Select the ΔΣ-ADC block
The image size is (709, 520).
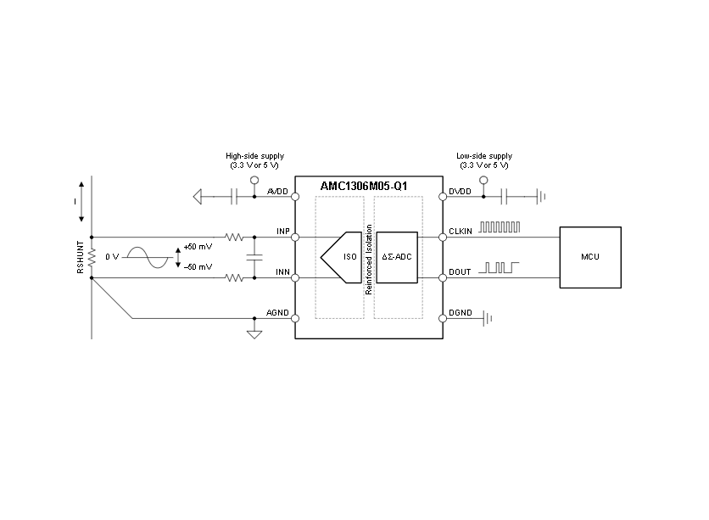point(397,257)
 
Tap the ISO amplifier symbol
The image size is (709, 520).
point(342,257)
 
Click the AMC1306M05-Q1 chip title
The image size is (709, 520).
point(364,186)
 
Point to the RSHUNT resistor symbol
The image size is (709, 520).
point(92,257)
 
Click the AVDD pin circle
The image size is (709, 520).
point(295,197)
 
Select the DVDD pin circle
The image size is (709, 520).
point(443,197)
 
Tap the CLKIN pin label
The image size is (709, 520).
point(461,231)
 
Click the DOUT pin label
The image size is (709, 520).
point(460,271)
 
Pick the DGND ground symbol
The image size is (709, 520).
point(488,318)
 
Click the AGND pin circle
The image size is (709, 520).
point(295,318)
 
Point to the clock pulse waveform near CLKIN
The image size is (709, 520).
point(500,227)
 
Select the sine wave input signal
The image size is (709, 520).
point(148,257)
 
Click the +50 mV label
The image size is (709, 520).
point(198,247)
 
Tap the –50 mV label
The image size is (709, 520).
point(198,266)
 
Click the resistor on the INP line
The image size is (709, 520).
point(234,237)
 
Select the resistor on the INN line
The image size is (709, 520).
point(234,277)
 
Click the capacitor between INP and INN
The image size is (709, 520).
point(254,257)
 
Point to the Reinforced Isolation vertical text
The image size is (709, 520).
point(369,260)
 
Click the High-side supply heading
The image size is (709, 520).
point(255,156)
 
